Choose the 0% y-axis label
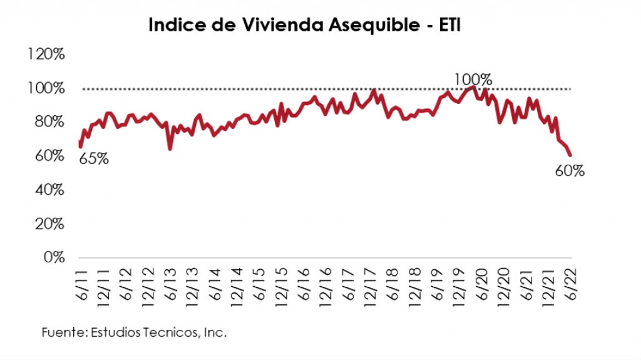[x=53, y=257]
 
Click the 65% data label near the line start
[x=94, y=158]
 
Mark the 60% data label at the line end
[x=570, y=170]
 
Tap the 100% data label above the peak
[x=473, y=80]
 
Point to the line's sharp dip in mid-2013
[x=170, y=148]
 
